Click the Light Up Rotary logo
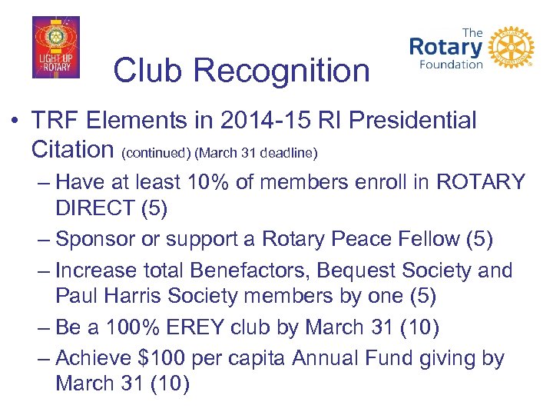click(x=55, y=48)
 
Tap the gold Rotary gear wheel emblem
click(x=511, y=47)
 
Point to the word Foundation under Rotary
click(x=451, y=65)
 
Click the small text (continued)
click(x=157, y=152)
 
